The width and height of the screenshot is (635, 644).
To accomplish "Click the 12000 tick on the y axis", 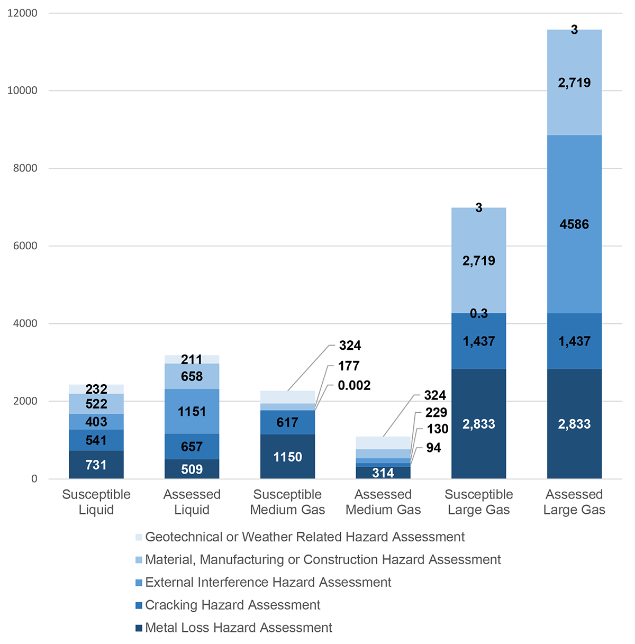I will pos(22,13).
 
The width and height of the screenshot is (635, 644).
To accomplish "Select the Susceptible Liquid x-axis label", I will pos(96,502).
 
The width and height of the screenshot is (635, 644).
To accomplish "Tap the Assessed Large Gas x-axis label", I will pos(574,502).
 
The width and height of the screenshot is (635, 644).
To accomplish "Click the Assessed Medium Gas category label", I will pos(383,502).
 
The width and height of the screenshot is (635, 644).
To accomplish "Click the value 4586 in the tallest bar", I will pos(574,224).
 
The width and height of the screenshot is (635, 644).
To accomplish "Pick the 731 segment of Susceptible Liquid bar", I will pos(96,465).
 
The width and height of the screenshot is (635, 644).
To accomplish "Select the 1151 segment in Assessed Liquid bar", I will pos(192,412).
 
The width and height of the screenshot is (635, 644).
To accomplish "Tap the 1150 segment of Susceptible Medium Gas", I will pos(287,457).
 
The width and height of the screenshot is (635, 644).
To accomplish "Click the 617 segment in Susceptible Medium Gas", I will pos(287,422).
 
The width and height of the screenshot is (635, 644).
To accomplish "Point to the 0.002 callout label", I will pos(354,385).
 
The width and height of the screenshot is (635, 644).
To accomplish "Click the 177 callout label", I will pos(349,366).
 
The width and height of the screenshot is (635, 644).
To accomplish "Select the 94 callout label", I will pos(433,448).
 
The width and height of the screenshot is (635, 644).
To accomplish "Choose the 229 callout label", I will pos(436,412).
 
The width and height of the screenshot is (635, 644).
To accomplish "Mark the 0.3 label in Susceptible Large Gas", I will pos(479,314).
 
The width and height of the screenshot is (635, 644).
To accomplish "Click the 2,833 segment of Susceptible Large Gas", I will pos(479,424).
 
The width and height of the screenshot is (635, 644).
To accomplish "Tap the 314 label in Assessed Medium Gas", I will pos(383,473).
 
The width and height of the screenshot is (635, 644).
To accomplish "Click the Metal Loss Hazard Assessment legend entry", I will pos(239,628).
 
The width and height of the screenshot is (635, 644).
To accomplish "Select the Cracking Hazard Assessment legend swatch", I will pos(139,605).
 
